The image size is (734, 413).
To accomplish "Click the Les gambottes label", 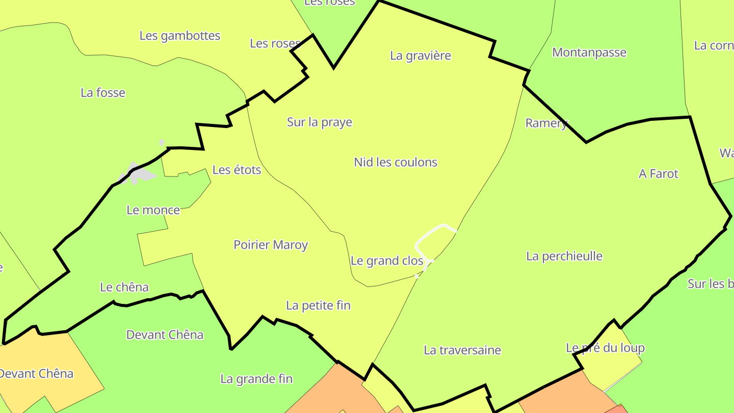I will coord(180,36).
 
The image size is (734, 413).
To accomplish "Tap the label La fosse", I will coord(103,93).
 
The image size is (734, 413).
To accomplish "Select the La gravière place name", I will coord(421,56).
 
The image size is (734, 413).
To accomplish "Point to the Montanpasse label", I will coord(589,53).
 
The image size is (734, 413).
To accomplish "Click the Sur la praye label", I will coord(320,122).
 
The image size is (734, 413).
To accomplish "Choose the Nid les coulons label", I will coord(396,162).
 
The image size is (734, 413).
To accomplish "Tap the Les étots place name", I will coord(237,170).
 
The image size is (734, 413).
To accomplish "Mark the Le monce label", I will coord(153,210).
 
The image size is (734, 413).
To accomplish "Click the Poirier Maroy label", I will coord(271,245).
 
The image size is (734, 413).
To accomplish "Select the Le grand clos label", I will coord(387,261).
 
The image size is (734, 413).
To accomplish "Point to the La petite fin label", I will coord(319,305).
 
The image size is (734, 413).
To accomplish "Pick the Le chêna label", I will coord(124,287).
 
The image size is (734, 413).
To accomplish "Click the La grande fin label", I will coord(256,379).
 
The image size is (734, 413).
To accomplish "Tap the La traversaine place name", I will coord(462,350).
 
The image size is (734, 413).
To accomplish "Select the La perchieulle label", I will coord(564,256).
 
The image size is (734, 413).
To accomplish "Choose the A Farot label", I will coord(659,174).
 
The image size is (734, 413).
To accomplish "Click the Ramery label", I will coord(546,123).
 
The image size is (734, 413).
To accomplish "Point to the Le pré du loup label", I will coord(605,348).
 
